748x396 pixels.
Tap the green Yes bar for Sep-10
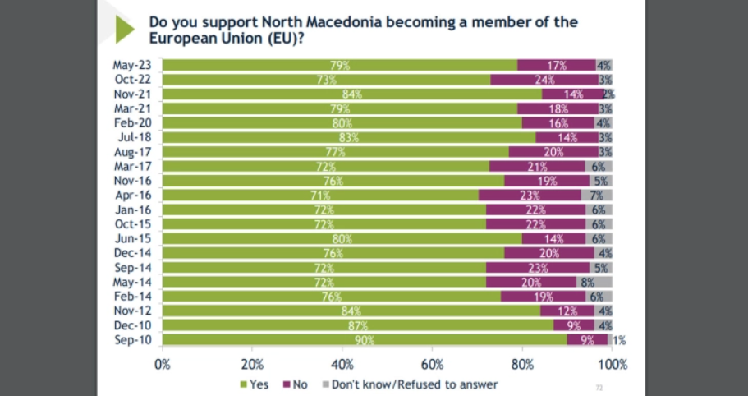[365, 339]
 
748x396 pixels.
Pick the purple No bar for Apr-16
[530, 195]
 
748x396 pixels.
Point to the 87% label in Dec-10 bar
[358, 325]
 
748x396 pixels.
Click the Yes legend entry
[255, 384]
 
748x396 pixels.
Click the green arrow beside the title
[124, 30]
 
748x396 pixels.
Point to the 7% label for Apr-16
[596, 196]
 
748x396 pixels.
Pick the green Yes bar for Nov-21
[352, 94]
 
